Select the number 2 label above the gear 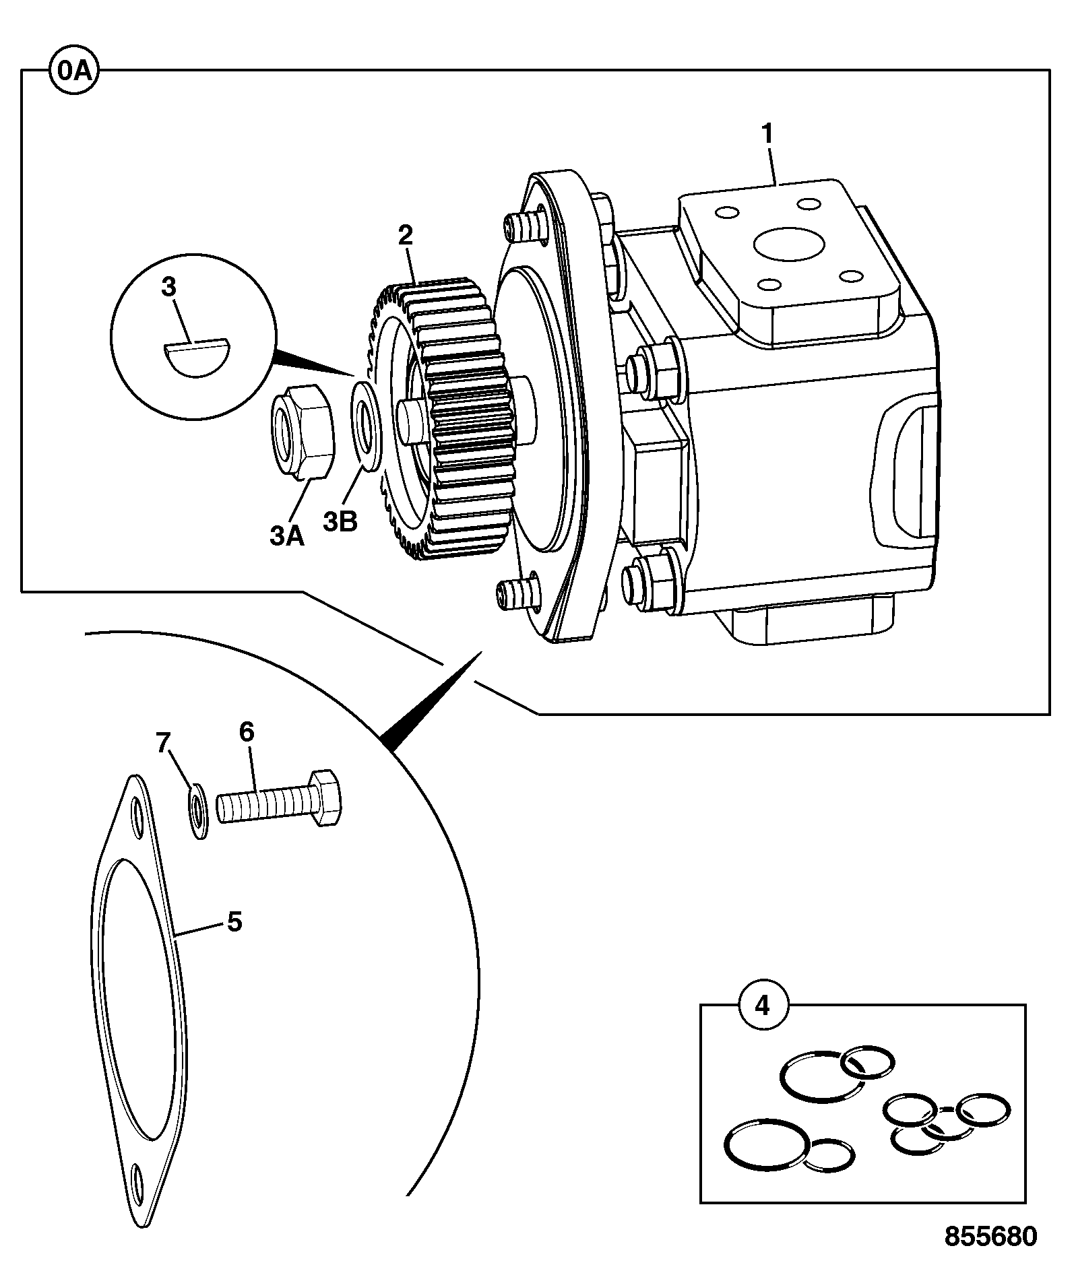click(x=405, y=236)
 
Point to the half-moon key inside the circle click(x=198, y=359)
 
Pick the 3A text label click(x=287, y=536)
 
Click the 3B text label click(x=340, y=521)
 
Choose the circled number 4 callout click(x=761, y=1005)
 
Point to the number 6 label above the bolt click(x=247, y=731)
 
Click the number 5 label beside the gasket click(x=234, y=921)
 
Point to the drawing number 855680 click(x=990, y=1235)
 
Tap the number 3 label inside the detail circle click(x=169, y=288)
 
